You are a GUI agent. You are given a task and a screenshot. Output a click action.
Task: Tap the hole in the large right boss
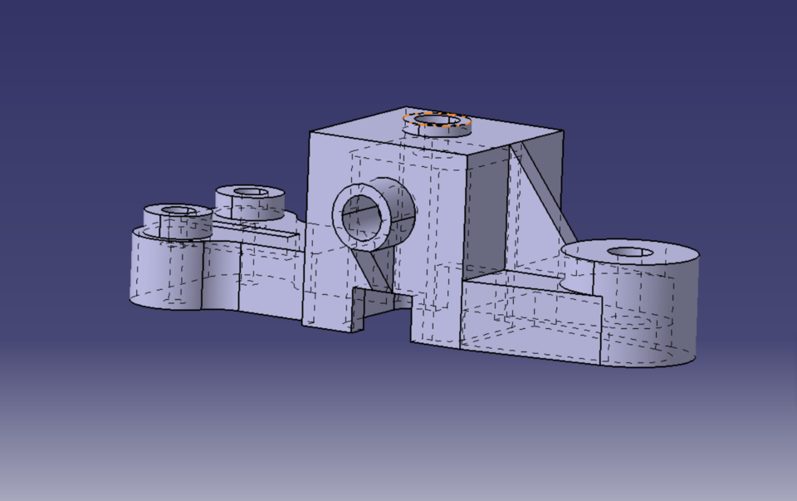pyautogui.click(x=630, y=252)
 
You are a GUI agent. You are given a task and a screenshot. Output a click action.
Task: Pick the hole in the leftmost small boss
pyautogui.click(x=177, y=211)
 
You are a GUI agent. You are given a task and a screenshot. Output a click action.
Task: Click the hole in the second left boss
pyautogui.click(x=250, y=193)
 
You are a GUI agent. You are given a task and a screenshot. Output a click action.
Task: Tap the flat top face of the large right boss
pyautogui.click(x=664, y=258)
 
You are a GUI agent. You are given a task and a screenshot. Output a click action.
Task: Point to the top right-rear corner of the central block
pyautogui.click(x=564, y=131)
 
